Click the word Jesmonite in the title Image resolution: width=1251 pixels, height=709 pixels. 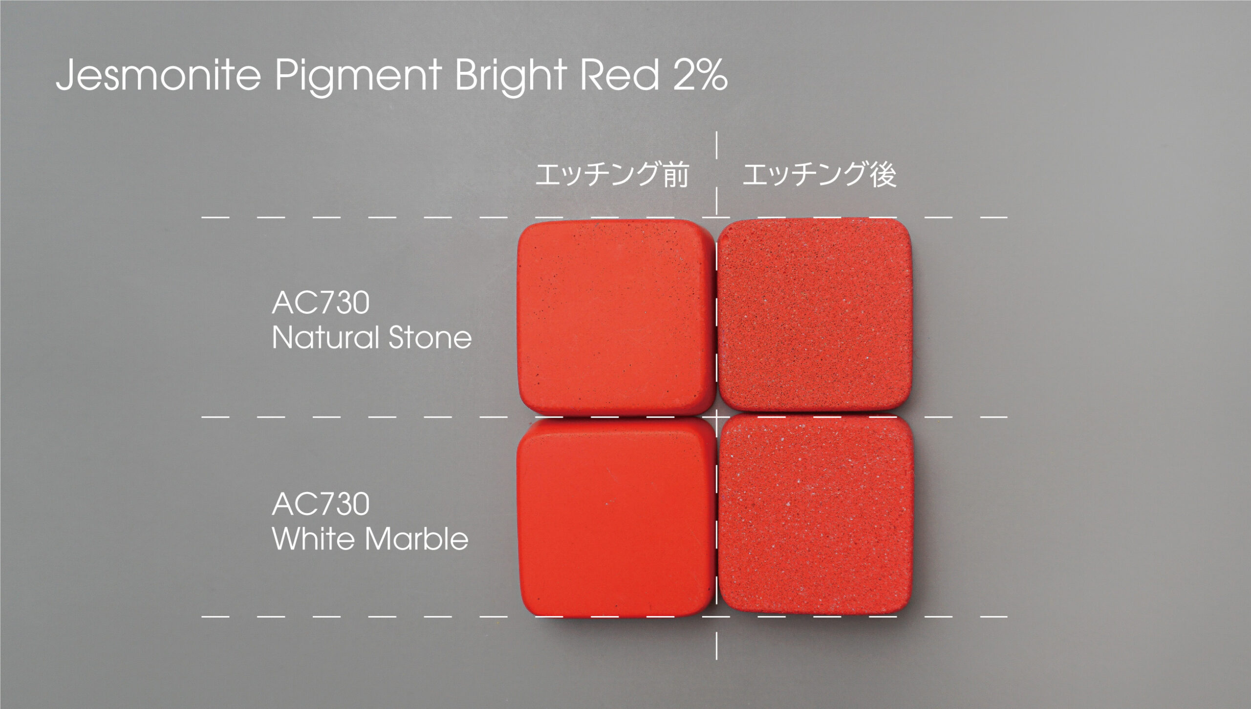click(158, 75)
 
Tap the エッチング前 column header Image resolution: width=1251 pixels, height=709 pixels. click(612, 174)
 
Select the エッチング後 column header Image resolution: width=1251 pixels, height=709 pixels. click(820, 174)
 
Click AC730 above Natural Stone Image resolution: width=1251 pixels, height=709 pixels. click(321, 302)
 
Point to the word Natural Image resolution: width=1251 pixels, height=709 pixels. click(325, 337)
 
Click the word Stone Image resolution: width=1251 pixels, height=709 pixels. click(430, 337)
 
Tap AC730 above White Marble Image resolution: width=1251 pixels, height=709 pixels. click(321, 504)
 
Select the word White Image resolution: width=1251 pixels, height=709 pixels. click(313, 538)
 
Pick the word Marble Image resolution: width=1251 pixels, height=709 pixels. click(416, 538)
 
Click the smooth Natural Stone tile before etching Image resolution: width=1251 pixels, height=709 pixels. click(616, 318)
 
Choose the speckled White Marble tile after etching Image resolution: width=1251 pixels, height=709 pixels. click(816, 514)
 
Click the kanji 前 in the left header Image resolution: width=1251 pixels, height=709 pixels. click(676, 174)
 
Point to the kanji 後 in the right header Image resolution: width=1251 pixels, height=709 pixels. click(883, 174)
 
